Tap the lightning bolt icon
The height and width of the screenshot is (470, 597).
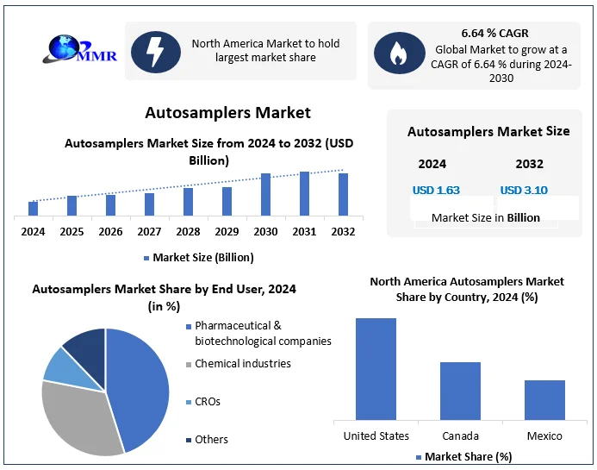[x=156, y=51]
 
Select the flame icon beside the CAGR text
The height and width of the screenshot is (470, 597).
[x=399, y=53]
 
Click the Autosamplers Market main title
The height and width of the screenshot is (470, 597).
[x=227, y=113]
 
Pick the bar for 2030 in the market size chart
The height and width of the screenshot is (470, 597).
[x=266, y=194]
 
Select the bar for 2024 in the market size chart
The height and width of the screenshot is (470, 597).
[x=34, y=208]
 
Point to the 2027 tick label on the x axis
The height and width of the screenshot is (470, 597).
[x=149, y=231]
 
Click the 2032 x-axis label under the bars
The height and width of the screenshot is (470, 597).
[x=343, y=231]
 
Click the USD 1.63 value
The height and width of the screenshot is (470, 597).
[x=436, y=191]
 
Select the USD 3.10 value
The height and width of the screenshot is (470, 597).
[x=524, y=191]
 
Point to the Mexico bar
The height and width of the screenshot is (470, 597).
[x=544, y=400]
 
